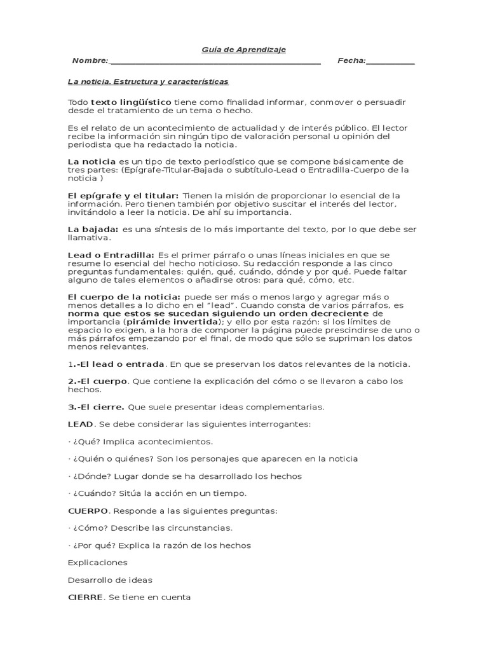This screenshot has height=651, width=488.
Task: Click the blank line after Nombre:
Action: click(x=215, y=62)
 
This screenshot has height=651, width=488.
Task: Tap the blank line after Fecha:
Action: click(x=391, y=62)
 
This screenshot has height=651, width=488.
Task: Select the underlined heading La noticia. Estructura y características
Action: click(x=148, y=82)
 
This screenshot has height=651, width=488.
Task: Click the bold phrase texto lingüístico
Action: click(x=131, y=102)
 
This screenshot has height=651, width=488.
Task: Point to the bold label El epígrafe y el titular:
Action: click(x=123, y=195)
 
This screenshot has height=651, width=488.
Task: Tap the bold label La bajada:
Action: click(x=93, y=229)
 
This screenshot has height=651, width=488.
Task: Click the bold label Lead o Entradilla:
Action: click(x=111, y=254)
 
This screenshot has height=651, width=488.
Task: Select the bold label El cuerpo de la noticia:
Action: click(x=125, y=297)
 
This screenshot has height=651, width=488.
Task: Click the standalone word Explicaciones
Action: click(x=97, y=563)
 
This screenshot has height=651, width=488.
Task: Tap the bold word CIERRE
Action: click(x=86, y=598)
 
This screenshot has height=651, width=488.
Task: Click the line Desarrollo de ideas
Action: click(x=110, y=580)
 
